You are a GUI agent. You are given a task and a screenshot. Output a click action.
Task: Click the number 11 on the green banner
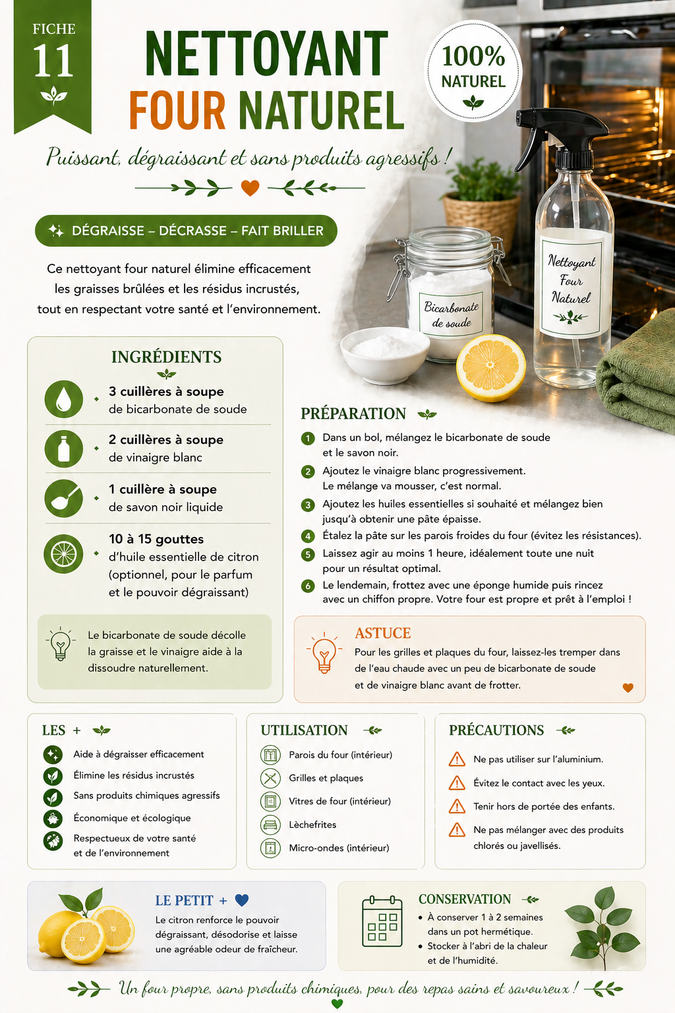click(53, 61)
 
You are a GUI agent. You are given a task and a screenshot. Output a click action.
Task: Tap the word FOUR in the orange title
click(177, 110)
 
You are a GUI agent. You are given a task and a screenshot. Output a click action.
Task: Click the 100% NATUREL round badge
click(473, 71)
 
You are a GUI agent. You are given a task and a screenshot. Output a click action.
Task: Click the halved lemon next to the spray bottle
click(491, 367)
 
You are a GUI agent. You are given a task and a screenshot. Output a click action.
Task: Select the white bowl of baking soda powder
click(385, 355)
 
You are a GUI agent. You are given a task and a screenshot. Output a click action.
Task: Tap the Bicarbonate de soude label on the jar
click(451, 315)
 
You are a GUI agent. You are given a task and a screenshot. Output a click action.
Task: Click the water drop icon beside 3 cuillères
click(64, 399)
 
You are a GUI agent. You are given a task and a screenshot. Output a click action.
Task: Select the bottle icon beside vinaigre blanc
click(64, 448)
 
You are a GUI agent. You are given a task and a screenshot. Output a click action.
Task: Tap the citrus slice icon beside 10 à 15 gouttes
click(64, 554)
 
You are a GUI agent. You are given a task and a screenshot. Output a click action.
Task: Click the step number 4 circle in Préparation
click(308, 536)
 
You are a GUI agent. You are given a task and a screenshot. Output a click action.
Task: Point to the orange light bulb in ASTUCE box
click(324, 652)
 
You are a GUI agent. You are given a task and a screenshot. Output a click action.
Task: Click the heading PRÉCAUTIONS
click(496, 730)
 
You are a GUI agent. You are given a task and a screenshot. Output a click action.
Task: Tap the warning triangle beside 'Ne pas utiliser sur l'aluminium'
click(457, 759)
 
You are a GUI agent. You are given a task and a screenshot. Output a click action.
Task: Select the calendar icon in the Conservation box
click(382, 921)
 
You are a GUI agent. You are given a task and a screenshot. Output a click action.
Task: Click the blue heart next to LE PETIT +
click(242, 900)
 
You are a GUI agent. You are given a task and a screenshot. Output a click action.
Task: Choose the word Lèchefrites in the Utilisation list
click(312, 824)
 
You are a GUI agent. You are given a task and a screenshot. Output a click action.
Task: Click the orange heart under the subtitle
click(250, 188)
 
